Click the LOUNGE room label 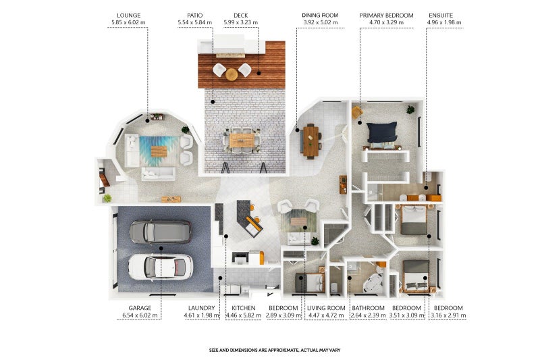click(128, 16)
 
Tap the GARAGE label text click(140, 308)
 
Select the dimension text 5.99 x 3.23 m click(241, 22)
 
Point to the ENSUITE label click(441, 16)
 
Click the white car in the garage click(161, 267)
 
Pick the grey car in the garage click(160, 232)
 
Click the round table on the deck click(232, 74)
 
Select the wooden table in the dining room click(311, 141)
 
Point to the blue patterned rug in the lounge click(159, 151)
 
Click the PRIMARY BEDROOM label click(386, 16)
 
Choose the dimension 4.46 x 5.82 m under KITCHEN click(244, 315)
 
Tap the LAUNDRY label click(201, 308)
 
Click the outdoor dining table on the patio click(242, 140)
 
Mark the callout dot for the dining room click(297, 130)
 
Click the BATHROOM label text click(368, 308)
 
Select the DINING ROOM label click(320, 16)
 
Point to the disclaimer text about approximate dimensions click(275, 350)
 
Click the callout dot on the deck click(259, 73)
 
